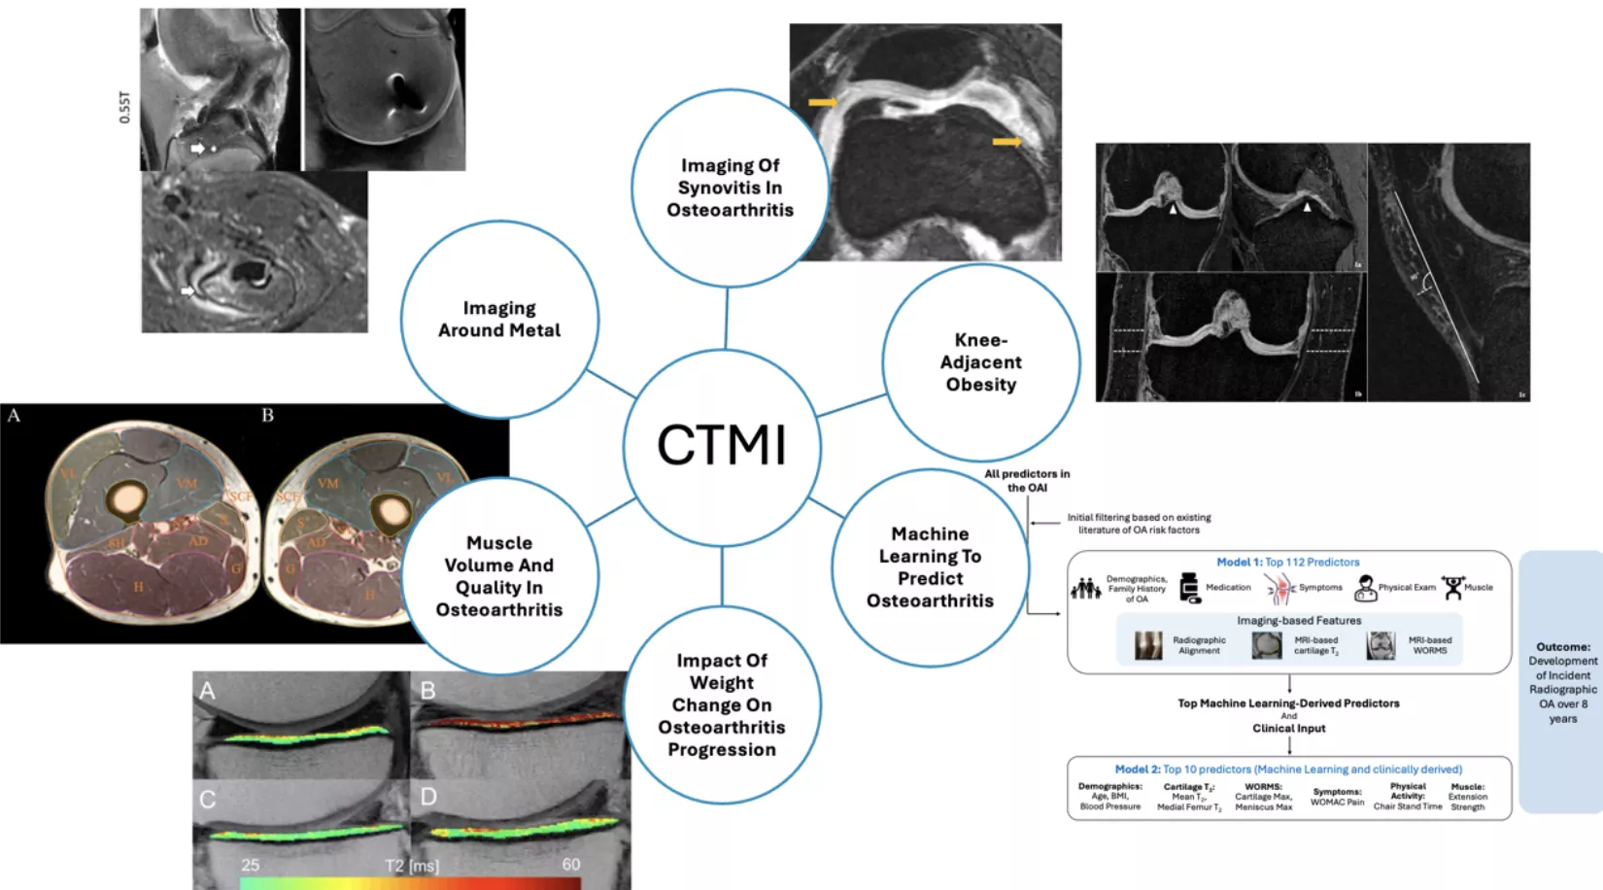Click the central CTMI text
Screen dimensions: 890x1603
tap(721, 446)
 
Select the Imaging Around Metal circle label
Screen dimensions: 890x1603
tap(499, 320)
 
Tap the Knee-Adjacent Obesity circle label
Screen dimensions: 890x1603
tap(980, 362)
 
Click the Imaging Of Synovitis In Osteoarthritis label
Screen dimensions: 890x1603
tap(730, 188)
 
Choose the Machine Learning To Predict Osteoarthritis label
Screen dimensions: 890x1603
tap(930, 567)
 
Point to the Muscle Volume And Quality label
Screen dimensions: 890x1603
tap(498, 576)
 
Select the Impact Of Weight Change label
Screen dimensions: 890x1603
tap(722, 704)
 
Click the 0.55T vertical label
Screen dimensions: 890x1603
tap(124, 107)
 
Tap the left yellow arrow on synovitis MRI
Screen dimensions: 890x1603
tap(822, 102)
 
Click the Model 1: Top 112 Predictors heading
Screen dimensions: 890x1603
tap(1287, 563)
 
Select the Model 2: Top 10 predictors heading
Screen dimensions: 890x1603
tap(1287, 770)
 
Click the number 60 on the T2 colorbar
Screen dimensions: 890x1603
tap(571, 864)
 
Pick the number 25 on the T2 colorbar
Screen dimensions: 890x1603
tap(251, 865)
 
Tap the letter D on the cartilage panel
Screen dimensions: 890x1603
tap(428, 798)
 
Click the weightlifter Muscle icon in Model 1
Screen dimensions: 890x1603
tap(1452, 587)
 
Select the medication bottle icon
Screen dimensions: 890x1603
tap(1189, 588)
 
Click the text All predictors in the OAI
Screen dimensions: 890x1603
tap(1027, 481)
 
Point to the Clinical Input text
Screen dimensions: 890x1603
tap(1288, 729)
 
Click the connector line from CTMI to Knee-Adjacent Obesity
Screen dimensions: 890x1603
tap(852, 405)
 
